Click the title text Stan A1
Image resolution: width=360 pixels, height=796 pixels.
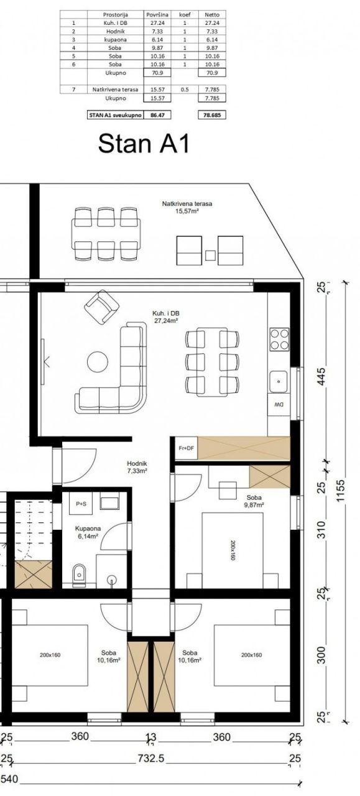point(143,144)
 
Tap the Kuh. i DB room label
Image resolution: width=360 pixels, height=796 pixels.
point(165,317)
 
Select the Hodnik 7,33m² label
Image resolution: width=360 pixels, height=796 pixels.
point(137,467)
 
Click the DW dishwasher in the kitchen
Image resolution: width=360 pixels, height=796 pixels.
point(279,405)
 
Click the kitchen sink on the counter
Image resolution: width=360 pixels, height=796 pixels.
point(279,377)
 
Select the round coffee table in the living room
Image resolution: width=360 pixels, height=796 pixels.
point(97,361)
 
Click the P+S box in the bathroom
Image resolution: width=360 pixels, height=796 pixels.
point(81,504)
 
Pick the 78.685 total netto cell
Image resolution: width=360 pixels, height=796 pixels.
point(212,115)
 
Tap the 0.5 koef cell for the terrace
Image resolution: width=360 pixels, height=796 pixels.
point(184,90)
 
